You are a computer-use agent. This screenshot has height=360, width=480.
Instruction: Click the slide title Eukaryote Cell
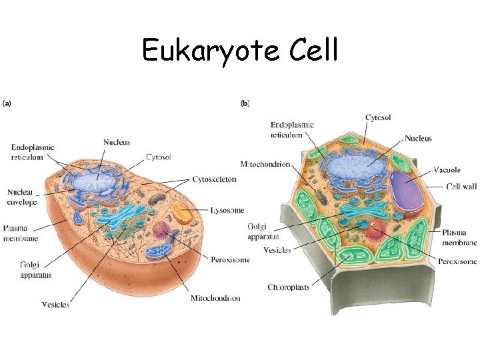(x=240, y=50)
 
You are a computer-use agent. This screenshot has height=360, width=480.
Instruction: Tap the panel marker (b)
(x=245, y=103)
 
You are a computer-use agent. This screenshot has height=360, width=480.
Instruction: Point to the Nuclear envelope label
(x=23, y=197)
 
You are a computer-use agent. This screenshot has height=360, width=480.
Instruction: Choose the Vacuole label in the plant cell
(x=446, y=169)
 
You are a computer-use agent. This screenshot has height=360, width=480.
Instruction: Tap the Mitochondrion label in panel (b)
(x=265, y=164)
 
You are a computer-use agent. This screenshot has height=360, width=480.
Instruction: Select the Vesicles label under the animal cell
(x=55, y=305)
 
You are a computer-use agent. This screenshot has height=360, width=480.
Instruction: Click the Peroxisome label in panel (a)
(x=229, y=259)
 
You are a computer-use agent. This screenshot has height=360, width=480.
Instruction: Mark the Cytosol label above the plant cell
(x=378, y=117)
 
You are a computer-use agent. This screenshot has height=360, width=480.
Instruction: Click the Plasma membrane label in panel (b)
(x=459, y=237)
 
